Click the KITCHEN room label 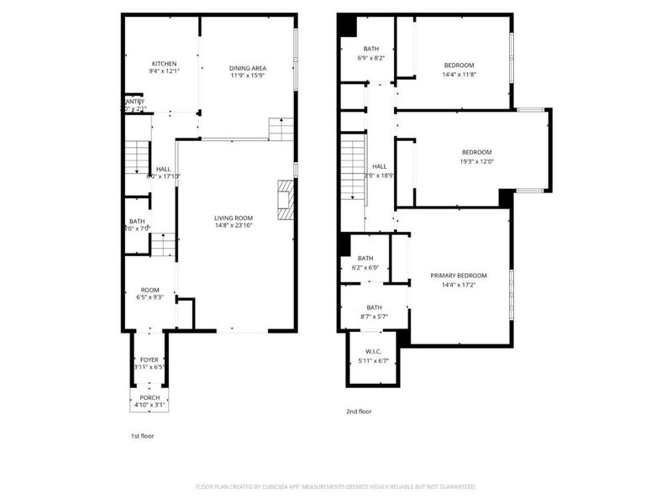(x=164, y=64)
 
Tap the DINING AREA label (x=248, y=66)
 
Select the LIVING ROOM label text (x=233, y=218)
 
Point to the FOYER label (x=149, y=360)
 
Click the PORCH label (x=150, y=397)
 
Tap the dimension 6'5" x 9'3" (x=150, y=297)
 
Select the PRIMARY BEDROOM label (x=459, y=276)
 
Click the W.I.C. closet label (x=374, y=352)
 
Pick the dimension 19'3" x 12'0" (x=475, y=161)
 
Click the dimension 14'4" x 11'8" (x=459, y=75)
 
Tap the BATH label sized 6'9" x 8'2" (x=370, y=49)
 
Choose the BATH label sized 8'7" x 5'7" (x=374, y=307)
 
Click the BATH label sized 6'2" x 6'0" (x=365, y=259)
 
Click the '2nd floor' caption (x=359, y=412)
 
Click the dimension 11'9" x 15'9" (x=248, y=75)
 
